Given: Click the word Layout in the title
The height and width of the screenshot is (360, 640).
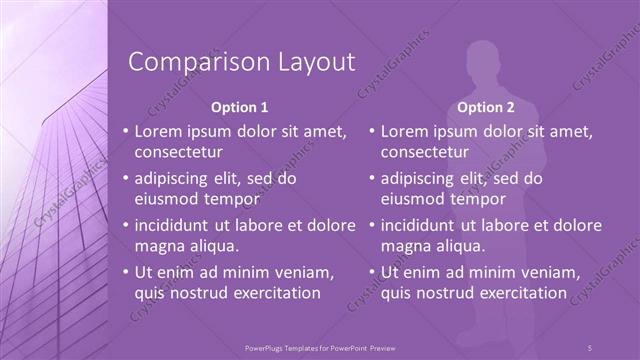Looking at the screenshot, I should (x=310, y=62).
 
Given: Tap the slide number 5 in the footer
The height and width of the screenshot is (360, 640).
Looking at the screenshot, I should (x=590, y=347).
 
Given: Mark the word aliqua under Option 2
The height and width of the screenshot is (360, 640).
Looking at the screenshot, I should (x=459, y=246).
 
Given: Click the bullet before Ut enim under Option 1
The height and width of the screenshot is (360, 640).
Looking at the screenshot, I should (x=125, y=272).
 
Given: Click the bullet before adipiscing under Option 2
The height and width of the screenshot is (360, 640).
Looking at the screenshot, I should (x=371, y=179).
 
